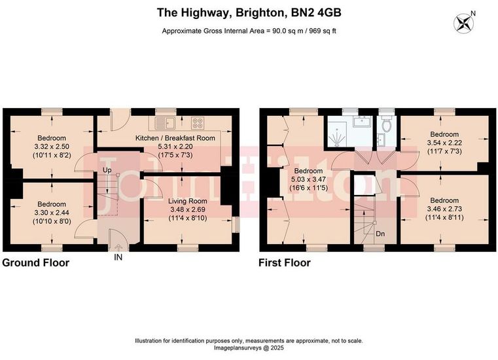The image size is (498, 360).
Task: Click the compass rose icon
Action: pos(463,23)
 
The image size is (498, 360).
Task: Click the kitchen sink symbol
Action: pos(164,123)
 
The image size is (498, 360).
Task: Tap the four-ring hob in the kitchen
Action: pos(198,123)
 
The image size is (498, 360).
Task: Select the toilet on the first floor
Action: pos(387,124)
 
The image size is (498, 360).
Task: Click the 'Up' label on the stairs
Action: pos(107,170)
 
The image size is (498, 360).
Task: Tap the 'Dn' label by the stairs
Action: pos(380,234)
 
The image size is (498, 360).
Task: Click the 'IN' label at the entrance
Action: pos(118,257)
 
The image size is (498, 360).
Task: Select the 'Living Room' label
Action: pos(187,201)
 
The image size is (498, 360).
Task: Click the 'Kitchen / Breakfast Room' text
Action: pos(175,138)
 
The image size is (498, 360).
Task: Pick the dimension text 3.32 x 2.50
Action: pos(52,147)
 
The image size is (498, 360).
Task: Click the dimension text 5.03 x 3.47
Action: pos(308,179)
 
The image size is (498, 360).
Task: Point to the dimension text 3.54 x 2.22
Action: pos(444,143)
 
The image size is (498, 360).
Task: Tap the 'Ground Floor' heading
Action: pos(35,262)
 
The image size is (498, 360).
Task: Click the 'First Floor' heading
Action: pos(284,262)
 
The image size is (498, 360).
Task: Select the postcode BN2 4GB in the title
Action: pos(316,12)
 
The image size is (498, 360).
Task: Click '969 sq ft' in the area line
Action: pos(320,31)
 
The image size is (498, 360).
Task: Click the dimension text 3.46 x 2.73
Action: pos(444,209)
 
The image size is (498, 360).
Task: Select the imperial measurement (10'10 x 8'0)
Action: pos(52,221)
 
